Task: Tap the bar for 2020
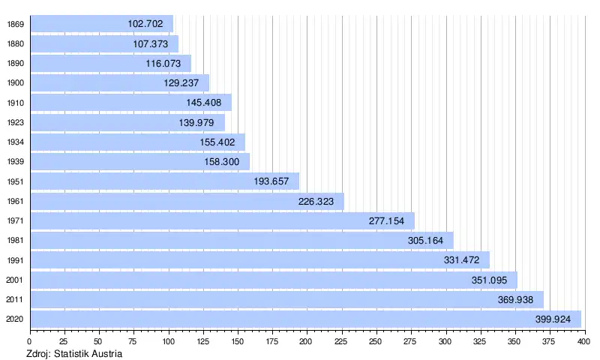[x=300, y=319]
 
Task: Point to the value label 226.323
[x=316, y=201]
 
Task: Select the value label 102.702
[x=145, y=24]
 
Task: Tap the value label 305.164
[x=426, y=241]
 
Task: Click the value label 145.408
[x=204, y=103]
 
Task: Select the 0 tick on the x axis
[x=30, y=341]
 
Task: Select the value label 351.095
[x=490, y=280]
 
